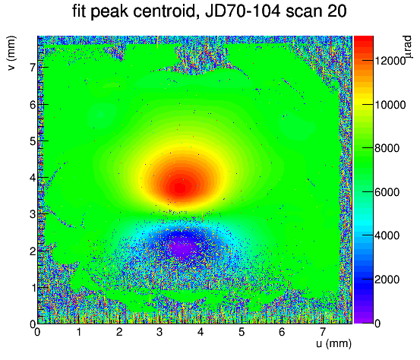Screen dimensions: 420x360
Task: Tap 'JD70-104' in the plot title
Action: (243, 11)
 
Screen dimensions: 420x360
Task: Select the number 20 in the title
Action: (337, 11)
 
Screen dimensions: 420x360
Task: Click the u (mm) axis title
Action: (333, 343)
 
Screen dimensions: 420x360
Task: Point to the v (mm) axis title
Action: (11, 53)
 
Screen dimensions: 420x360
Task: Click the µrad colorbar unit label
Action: (408, 47)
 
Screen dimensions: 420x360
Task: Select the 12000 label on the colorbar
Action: (390, 61)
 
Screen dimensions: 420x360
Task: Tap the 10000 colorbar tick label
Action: (390, 105)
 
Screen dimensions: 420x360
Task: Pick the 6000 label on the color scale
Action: (387, 192)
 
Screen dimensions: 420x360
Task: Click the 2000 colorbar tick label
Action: (387, 279)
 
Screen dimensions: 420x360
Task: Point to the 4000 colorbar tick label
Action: (387, 235)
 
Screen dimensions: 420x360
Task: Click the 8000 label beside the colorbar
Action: (387, 148)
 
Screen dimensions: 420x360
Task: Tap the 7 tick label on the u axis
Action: (323, 332)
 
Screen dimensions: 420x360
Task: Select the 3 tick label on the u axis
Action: (159, 332)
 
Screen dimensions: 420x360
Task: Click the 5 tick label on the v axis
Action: (33, 141)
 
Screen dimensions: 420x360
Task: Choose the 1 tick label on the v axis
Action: (33, 288)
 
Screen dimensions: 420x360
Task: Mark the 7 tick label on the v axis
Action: (33, 68)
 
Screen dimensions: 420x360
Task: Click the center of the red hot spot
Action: (180, 188)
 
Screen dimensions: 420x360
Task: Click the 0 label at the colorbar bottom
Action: (377, 324)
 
